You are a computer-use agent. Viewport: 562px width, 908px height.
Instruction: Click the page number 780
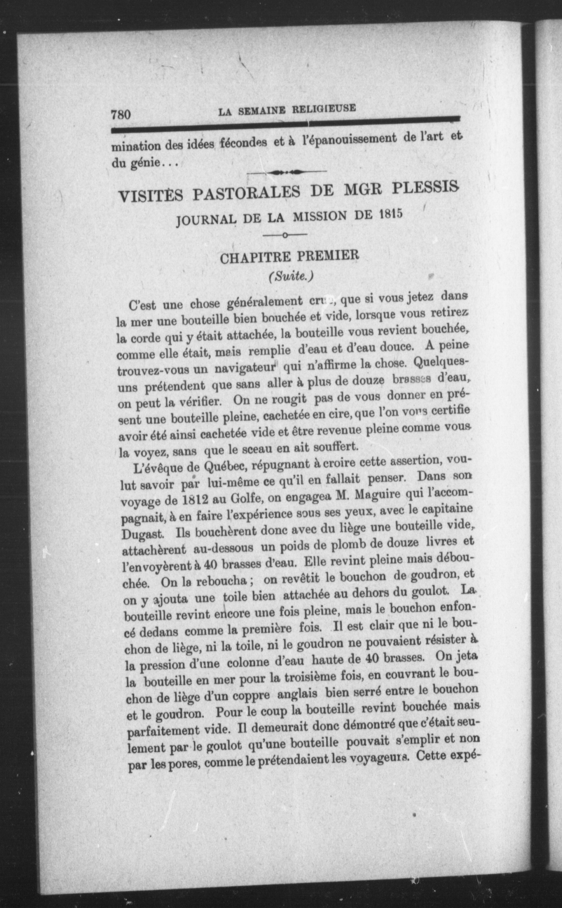point(120,114)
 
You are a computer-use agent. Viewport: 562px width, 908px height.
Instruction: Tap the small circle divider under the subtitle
point(285,235)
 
